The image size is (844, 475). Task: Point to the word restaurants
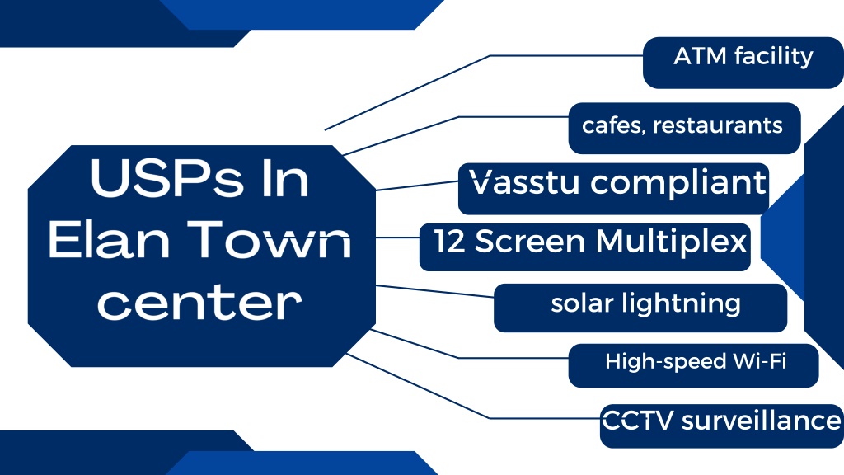(x=718, y=125)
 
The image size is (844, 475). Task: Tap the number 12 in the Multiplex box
(x=450, y=242)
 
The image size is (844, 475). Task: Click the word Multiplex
(x=673, y=242)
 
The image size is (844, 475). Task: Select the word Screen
(x=530, y=242)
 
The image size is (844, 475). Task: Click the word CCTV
(x=637, y=421)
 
